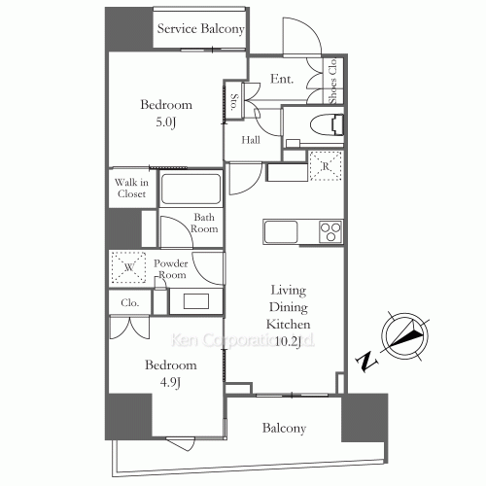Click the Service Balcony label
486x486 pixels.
pyautogui.click(x=200, y=29)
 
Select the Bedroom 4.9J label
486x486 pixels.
pyautogui.click(x=170, y=372)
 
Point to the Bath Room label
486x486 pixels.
pyautogui.click(x=203, y=224)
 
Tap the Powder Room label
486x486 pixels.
pyautogui.click(x=197, y=268)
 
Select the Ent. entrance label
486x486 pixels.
pyautogui.click(x=282, y=79)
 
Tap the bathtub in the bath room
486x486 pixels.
pyautogui.click(x=191, y=189)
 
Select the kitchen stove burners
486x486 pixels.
pyautogui.click(x=331, y=231)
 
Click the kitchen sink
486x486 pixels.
pyautogui.click(x=282, y=232)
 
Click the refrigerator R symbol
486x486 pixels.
pyautogui.click(x=327, y=167)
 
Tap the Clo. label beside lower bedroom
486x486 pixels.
pyautogui.click(x=130, y=302)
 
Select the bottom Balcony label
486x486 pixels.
pyautogui.click(x=284, y=428)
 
